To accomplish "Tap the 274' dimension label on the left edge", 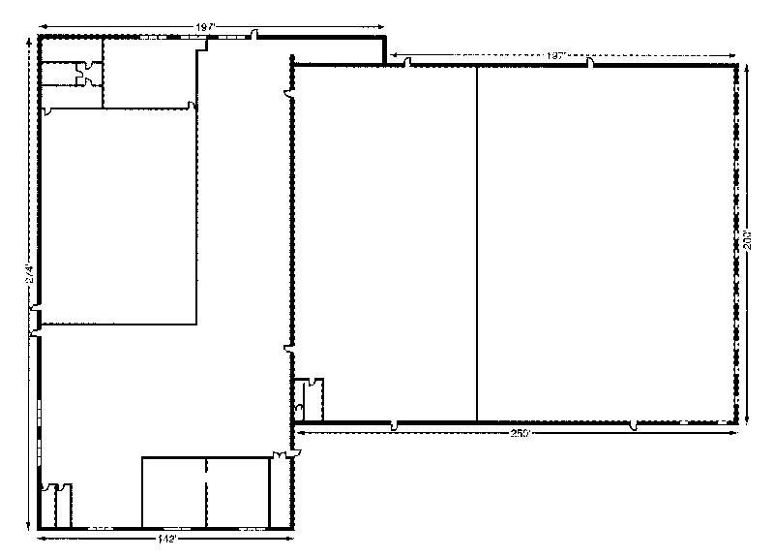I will coord(30,275).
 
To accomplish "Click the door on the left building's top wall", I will coord(254,37).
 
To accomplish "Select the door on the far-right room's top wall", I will coord(589,64).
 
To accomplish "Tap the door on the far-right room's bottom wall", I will coord(634,425).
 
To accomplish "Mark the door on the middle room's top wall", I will coord(408,64).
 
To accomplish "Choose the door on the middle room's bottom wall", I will coord(395,425).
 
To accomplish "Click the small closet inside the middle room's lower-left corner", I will coord(312,399).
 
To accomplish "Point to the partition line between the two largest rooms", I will coord(478,242).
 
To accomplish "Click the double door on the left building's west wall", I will coord(36,321).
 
